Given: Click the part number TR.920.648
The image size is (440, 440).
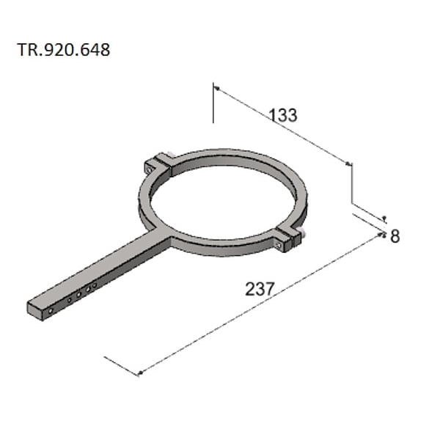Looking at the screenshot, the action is click(63, 50).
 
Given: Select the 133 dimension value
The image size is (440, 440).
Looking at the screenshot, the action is click(282, 115).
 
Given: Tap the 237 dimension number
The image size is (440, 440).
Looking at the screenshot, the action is click(260, 289).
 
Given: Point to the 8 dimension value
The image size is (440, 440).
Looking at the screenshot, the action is click(395, 236).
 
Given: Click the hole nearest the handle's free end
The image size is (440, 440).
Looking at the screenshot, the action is click(51, 311).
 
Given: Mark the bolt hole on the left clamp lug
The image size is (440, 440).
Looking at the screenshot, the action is click(149, 169).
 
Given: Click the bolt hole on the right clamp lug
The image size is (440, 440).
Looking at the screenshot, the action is click(279, 245).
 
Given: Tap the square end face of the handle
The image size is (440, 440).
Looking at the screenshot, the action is click(35, 311).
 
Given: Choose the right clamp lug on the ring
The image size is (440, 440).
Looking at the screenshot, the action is click(288, 238).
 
